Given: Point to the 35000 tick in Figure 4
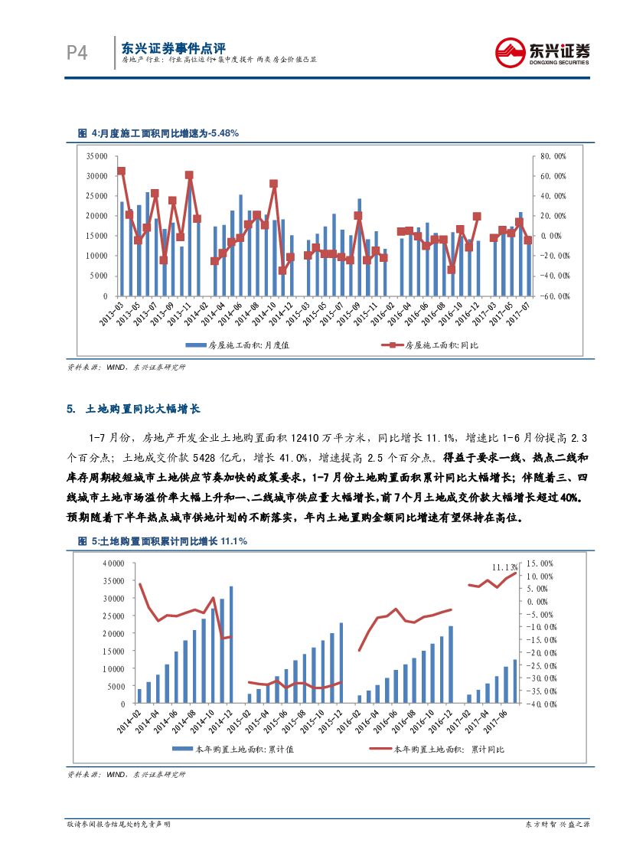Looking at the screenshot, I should point(96,155).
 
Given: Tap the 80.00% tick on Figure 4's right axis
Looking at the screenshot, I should point(553,155).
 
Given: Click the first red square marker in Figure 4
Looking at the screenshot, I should point(121,171).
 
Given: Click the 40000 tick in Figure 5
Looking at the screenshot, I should point(113,563).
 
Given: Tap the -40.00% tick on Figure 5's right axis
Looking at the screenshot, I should point(549,704).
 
